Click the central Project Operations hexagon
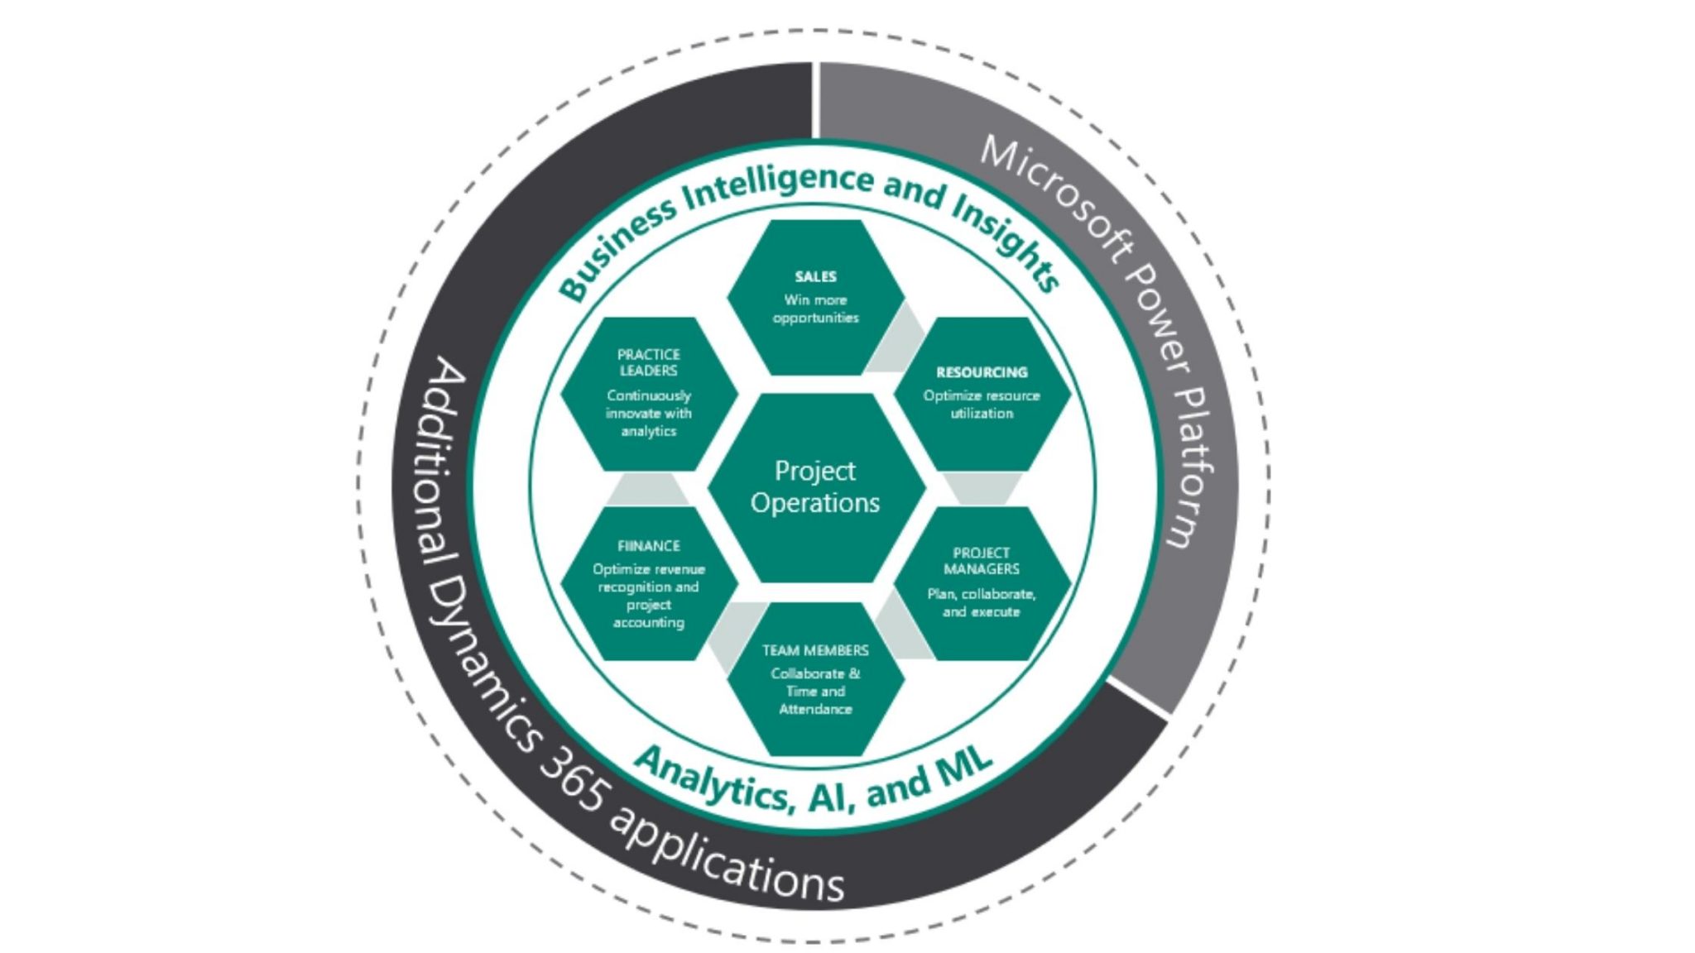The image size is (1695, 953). [x=815, y=486]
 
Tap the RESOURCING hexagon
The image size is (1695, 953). [x=982, y=393]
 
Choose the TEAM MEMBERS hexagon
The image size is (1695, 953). [x=815, y=678]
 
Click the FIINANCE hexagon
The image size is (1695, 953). [x=649, y=583]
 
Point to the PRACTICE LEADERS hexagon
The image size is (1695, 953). [x=649, y=393]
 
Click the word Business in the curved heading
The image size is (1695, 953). [x=617, y=249]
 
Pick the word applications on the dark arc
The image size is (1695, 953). [x=728, y=860]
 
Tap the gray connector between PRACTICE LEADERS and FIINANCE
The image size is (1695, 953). [x=648, y=489]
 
